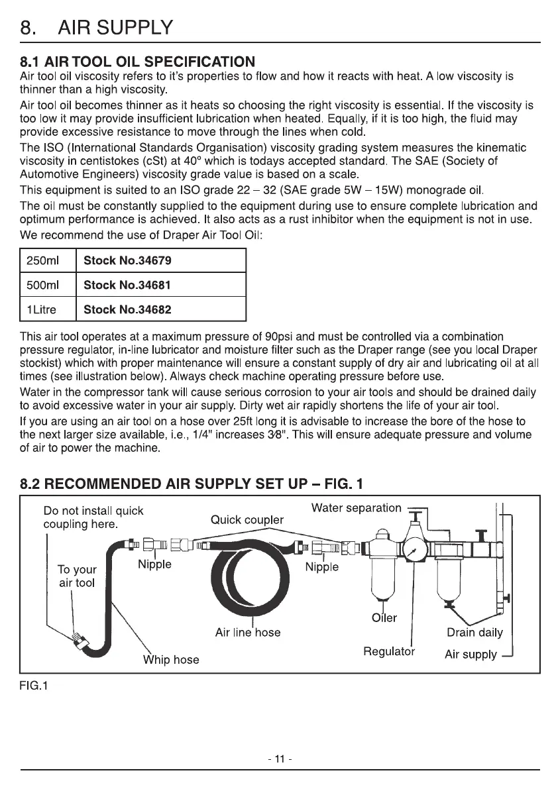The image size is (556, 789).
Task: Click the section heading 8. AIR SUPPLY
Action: click(x=97, y=28)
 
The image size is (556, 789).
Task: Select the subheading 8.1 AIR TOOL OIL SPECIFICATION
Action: click(x=137, y=62)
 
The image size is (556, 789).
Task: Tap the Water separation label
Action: click(x=356, y=508)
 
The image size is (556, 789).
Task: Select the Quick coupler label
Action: click(x=247, y=519)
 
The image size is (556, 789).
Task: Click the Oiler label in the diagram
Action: click(x=384, y=618)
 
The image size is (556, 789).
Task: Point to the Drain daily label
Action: click(x=474, y=632)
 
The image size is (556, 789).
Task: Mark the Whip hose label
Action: click(x=171, y=660)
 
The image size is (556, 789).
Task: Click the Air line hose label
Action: click(x=248, y=633)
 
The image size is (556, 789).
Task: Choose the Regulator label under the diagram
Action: click(x=389, y=651)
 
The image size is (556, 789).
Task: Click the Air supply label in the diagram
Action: click(x=471, y=655)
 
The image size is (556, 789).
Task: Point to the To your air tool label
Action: click(x=77, y=576)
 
